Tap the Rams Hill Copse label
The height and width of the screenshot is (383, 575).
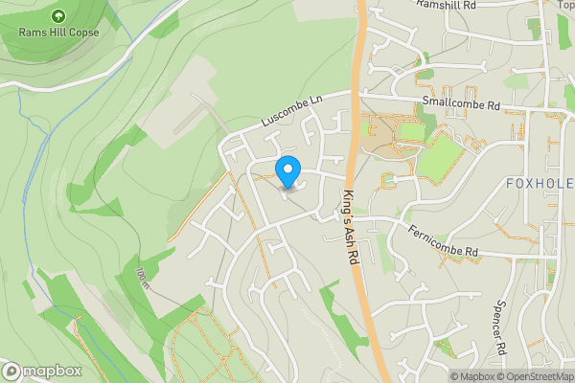[58, 32]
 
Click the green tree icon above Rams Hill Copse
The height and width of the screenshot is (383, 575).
[58, 15]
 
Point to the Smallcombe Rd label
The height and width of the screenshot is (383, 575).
[460, 104]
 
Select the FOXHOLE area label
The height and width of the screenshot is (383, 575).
[539, 183]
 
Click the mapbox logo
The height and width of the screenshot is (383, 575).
[40, 371]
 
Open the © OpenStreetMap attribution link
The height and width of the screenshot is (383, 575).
[536, 376]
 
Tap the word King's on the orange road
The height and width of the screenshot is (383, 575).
[346, 202]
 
